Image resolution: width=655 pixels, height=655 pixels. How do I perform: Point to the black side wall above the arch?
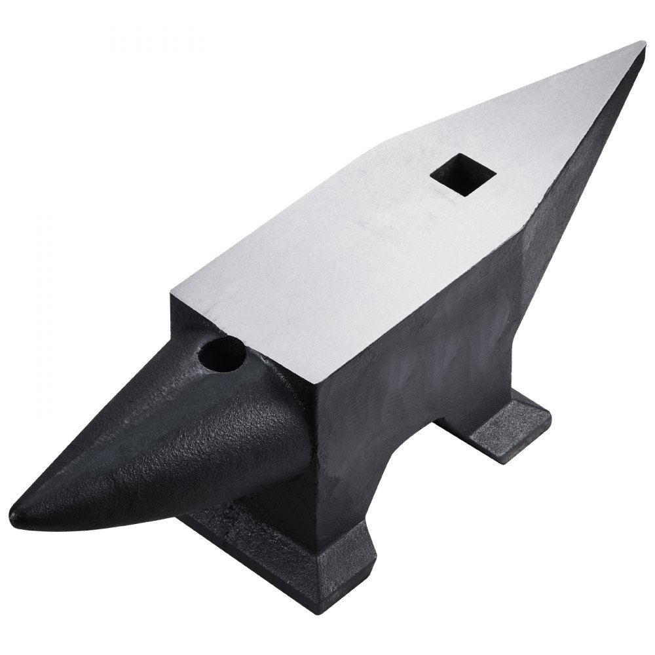coord(419,341)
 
